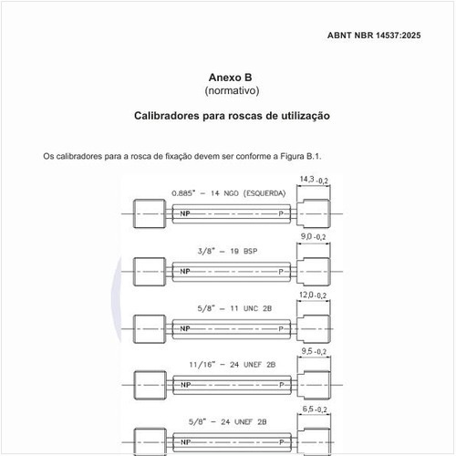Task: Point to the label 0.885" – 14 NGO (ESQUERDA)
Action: tap(229, 193)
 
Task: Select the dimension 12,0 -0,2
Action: tap(313, 295)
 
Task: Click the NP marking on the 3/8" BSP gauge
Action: tap(185, 271)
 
